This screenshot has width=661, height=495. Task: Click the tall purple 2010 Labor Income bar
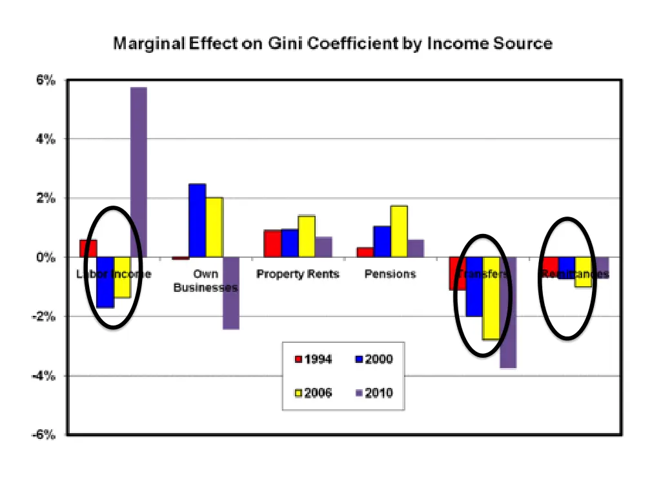coord(138,171)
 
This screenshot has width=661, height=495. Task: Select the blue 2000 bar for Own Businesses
coord(197,220)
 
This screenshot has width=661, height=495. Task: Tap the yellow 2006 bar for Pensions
coord(398,231)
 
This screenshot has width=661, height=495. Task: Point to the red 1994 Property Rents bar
coord(272,244)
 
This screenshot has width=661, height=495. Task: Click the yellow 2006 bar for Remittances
coord(584,272)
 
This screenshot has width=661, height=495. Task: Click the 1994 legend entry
coord(314,360)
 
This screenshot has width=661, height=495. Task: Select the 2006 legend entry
coord(314,392)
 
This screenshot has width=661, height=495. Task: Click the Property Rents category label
coord(298,274)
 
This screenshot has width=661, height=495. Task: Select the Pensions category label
coord(390,274)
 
